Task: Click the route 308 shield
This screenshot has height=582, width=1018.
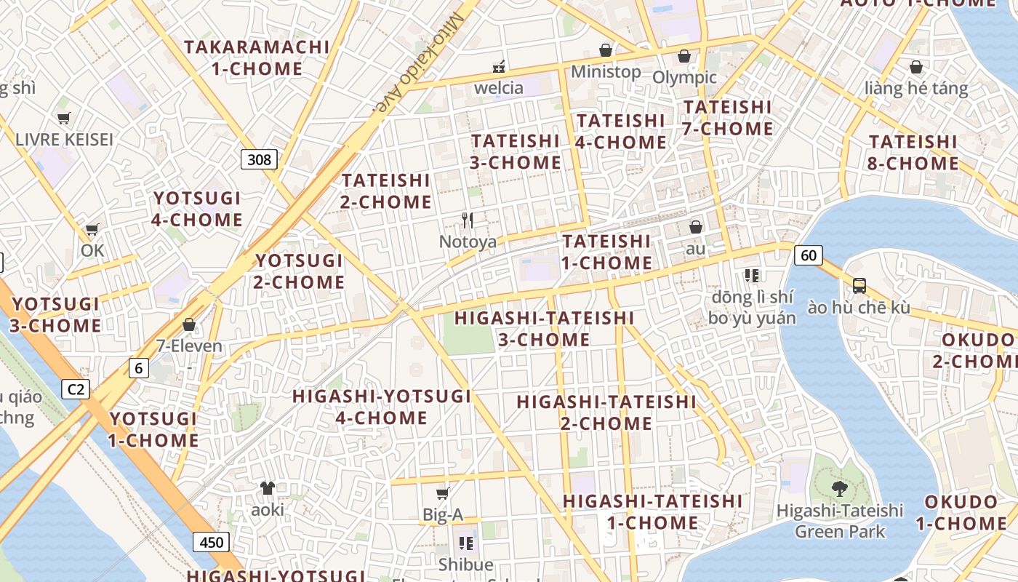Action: click(260, 159)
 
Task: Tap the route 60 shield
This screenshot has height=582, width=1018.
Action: click(809, 255)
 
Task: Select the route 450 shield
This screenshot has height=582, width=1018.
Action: click(211, 542)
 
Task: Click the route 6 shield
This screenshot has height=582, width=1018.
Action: click(138, 368)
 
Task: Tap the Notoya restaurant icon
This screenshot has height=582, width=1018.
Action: click(468, 220)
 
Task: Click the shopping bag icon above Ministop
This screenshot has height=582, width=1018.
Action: click(605, 50)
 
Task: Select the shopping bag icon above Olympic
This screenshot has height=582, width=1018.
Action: click(684, 56)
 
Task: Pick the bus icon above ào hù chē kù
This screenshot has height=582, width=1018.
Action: click(859, 286)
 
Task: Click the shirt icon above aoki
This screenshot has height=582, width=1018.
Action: click(268, 488)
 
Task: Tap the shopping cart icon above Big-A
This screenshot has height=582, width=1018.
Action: click(442, 494)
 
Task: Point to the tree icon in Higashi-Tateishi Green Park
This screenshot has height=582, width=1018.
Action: click(840, 487)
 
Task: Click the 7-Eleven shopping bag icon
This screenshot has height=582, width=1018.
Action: click(189, 324)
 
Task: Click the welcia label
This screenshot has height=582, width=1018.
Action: click(499, 88)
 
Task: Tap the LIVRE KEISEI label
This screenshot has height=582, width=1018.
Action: click(64, 139)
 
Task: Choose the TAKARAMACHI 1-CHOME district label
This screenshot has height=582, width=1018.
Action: click(257, 57)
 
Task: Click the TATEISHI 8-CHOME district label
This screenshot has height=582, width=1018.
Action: click(913, 152)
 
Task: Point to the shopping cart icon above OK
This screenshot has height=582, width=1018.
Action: click(92, 230)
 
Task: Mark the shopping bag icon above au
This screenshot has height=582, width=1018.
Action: click(696, 227)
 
